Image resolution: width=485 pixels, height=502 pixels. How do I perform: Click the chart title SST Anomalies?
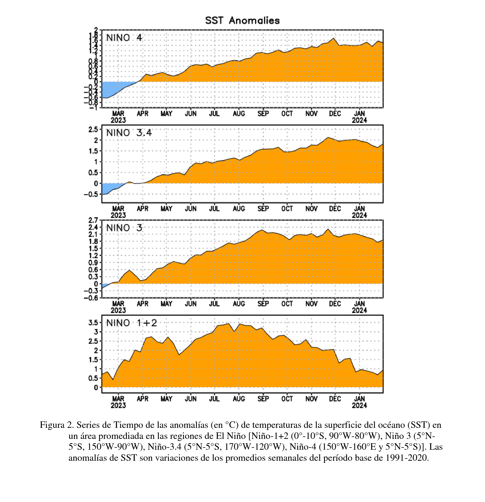(x=242, y=21)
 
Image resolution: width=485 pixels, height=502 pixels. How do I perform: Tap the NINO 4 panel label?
(x=124, y=38)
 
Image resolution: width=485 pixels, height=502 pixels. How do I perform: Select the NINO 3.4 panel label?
(x=129, y=133)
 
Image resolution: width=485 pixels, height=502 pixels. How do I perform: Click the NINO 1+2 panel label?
(x=131, y=323)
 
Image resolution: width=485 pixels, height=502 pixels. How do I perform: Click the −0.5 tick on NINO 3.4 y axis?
(x=91, y=194)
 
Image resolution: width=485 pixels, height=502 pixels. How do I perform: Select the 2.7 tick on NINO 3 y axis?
(x=93, y=220)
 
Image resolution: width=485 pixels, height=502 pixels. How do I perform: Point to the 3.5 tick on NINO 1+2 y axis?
(x=93, y=322)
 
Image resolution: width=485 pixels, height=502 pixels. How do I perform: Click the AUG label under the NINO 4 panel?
(x=239, y=114)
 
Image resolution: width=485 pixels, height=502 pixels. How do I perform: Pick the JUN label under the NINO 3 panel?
(x=191, y=304)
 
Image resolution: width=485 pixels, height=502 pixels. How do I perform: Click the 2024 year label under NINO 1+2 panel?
(x=359, y=405)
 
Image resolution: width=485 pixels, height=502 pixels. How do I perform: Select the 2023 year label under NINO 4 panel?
(x=118, y=120)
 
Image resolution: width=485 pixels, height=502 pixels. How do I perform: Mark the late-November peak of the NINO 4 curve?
(x=333, y=38)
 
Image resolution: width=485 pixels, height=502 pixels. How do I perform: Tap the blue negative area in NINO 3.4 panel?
(x=109, y=188)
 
